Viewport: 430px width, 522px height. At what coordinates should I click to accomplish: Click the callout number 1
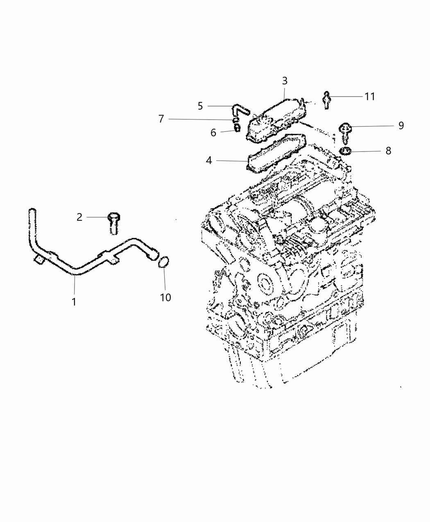point(74,302)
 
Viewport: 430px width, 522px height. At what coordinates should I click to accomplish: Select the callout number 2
point(79,217)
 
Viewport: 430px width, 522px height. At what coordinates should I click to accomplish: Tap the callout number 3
point(285,81)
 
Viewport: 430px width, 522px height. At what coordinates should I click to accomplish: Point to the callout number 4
point(209,160)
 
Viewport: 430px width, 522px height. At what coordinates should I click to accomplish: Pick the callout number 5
point(200,106)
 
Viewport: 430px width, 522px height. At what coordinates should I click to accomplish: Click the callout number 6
point(213,133)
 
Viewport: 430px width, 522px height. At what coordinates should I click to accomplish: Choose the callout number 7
point(161,119)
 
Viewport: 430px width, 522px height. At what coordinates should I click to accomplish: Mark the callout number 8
point(388,151)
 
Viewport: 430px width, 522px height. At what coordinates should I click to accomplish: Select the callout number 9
point(401,125)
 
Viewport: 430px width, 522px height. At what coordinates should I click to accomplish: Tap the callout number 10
point(165,297)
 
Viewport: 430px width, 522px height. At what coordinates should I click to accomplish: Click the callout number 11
point(370,96)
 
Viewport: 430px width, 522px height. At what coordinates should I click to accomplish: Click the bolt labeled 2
point(113,222)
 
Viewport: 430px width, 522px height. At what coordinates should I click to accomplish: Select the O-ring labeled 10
point(163,262)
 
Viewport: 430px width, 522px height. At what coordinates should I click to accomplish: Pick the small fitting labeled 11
point(326,99)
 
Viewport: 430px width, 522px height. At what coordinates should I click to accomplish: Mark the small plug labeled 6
point(236,129)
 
